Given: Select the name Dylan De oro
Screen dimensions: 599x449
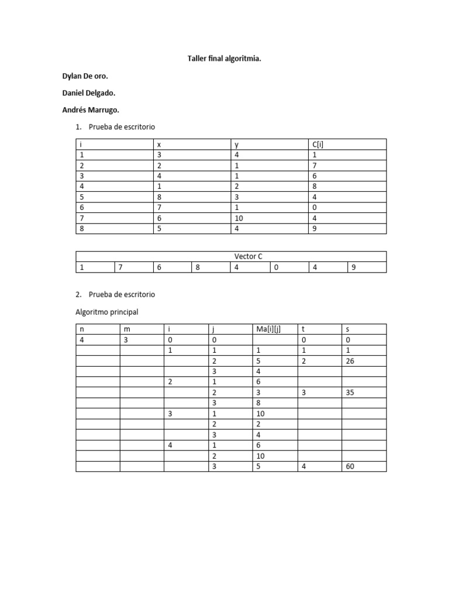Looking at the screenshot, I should tap(85, 76).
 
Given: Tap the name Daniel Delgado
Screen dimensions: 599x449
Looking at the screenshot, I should tap(88, 93).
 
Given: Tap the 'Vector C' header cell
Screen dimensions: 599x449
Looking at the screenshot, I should tap(231, 257).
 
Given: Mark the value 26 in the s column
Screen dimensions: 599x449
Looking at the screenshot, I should tap(350, 361).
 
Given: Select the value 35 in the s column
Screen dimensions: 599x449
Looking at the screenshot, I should tap(350, 393).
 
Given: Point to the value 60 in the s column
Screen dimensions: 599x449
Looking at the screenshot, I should tap(350, 466).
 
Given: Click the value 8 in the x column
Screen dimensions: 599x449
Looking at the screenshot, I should tap(159, 197).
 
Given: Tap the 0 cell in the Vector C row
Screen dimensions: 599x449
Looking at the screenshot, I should tap(276, 267).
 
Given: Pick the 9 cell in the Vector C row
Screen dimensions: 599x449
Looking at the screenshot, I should tap(354, 267).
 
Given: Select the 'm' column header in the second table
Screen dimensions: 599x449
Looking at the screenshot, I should tap(126, 329).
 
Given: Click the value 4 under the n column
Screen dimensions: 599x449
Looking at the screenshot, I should tap(82, 340).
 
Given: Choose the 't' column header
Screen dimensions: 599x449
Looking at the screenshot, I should tap(303, 329).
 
